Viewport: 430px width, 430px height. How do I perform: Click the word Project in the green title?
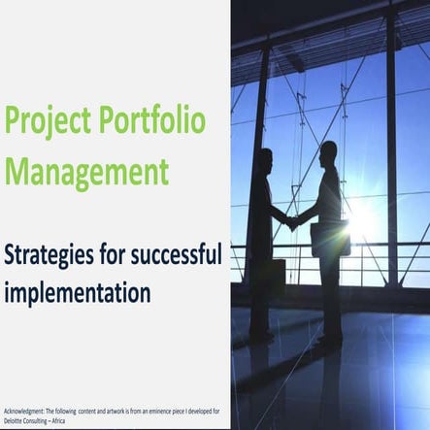coord(43,123)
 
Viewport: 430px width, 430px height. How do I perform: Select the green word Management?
coord(86,173)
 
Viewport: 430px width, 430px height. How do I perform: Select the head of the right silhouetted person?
coord(328,151)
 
